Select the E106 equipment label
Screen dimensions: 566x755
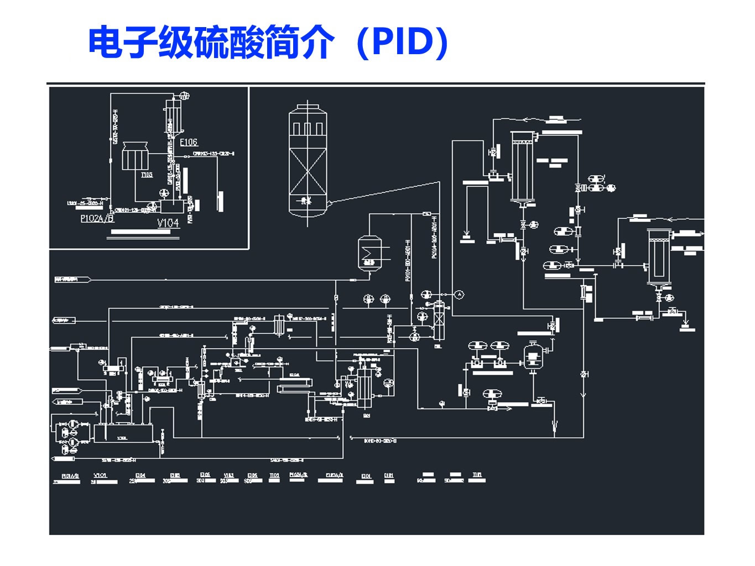pos(189,142)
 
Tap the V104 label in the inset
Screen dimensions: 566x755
pos(168,223)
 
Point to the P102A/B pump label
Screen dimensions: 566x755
pos(97,218)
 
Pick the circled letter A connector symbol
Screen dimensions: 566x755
pos(459,295)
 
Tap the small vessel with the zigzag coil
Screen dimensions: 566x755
pos(369,253)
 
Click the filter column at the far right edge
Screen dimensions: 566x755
pos(658,256)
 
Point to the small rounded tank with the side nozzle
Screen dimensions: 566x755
pos(533,357)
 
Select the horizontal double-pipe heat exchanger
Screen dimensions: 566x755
pos(294,386)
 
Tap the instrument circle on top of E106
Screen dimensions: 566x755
pos(185,96)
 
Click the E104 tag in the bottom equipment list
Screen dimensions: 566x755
pos(140,476)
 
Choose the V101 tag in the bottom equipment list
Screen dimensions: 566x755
pos(101,476)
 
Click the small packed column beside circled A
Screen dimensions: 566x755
pos(439,321)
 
